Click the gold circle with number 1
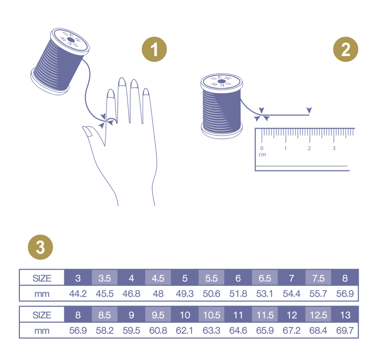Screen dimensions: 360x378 [154, 50]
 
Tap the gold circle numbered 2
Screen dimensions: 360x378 [346, 50]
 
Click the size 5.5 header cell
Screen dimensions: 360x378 [211, 278]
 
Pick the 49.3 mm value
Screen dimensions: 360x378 [185, 294]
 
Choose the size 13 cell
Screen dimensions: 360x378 [345, 315]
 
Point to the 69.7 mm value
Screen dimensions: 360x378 [345, 331]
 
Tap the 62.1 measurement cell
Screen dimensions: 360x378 [185, 331]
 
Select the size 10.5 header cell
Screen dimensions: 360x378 [211, 315]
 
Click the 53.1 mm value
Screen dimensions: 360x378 [265, 294]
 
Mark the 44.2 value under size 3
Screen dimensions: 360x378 [78, 294]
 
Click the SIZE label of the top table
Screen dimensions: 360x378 [42, 278]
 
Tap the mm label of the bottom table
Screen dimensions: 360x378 [42, 331]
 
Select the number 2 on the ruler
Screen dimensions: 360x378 [309, 148]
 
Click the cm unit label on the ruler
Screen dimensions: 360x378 [262, 155]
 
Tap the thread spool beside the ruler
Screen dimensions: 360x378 [222, 106]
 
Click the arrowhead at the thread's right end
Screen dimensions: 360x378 [309, 110]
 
